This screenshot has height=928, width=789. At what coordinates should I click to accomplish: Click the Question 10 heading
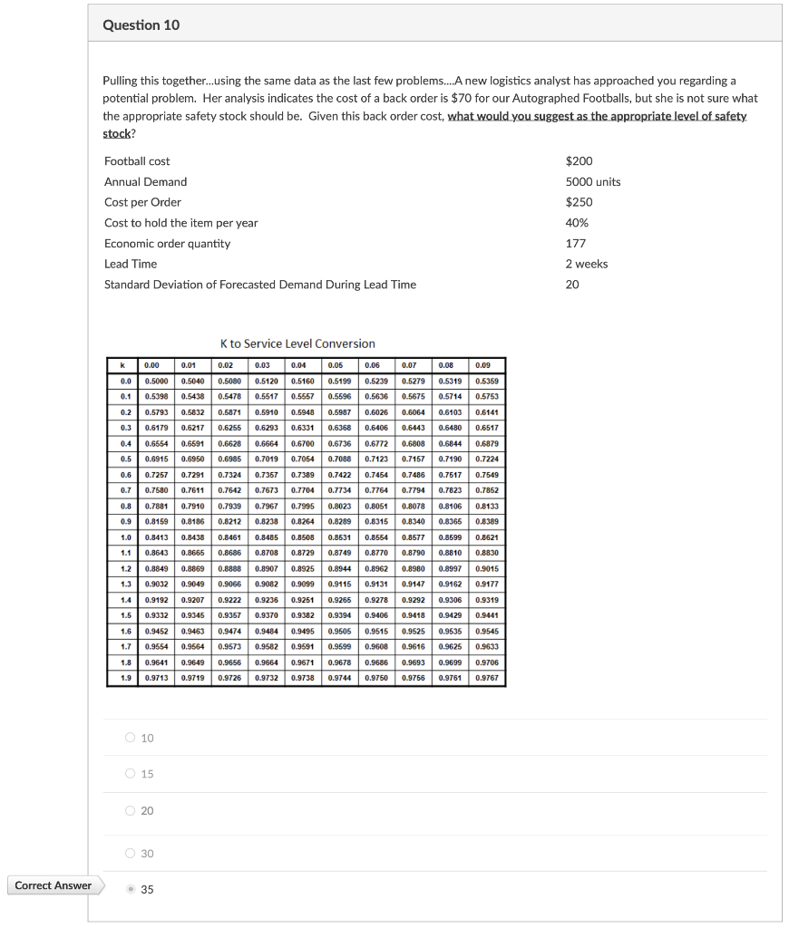tap(141, 25)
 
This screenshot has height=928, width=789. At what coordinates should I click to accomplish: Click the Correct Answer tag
tap(54, 885)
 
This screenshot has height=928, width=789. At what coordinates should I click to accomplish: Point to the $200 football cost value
tap(579, 161)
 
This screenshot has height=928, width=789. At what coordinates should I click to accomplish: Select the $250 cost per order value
tap(579, 202)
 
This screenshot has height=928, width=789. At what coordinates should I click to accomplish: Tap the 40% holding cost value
tap(577, 223)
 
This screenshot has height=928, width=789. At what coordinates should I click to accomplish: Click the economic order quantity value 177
tap(575, 243)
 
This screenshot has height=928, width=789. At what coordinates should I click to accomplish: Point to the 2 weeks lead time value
tap(587, 264)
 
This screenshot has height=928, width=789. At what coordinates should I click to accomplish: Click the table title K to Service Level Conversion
tap(297, 343)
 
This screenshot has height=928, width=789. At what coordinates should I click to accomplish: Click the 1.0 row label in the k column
tap(126, 537)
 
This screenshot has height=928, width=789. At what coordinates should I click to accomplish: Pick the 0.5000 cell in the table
tap(157, 382)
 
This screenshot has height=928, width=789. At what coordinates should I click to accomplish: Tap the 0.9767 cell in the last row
tap(487, 678)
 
